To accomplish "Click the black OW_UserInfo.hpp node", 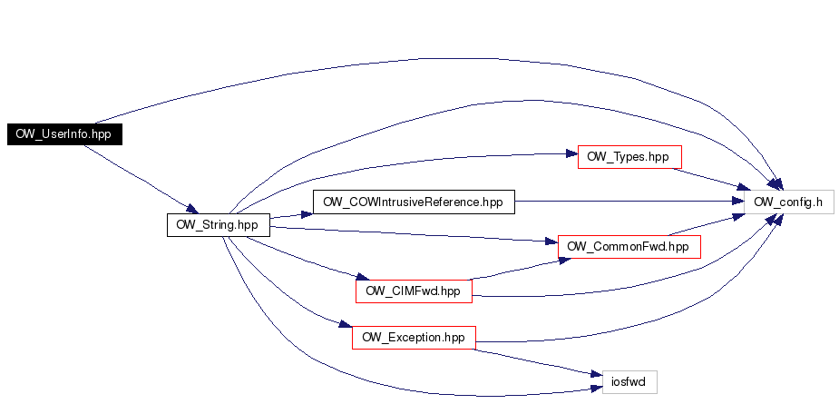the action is point(64,133).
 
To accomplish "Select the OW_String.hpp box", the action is point(219,225).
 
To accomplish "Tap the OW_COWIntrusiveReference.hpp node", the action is point(414,202).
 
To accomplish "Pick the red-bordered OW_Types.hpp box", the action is point(629,157).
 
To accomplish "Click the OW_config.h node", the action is point(789,202).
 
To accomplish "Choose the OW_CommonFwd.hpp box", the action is point(629,246).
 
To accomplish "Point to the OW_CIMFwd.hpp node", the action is point(414,291).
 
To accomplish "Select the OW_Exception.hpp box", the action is point(414,338).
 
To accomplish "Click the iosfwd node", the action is point(629,382).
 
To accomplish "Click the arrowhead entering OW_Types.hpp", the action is point(571,154).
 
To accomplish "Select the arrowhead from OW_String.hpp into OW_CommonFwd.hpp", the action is point(551,242).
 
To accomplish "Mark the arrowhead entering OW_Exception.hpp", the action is point(346,324).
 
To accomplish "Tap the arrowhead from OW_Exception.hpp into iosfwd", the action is point(597,373).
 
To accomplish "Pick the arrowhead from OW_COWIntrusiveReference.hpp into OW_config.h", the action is point(738,202).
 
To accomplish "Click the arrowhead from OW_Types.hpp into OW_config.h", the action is point(743,187).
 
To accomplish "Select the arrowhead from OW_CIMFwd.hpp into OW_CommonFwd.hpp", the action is point(564,261).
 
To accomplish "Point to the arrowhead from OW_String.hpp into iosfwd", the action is point(597,389).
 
